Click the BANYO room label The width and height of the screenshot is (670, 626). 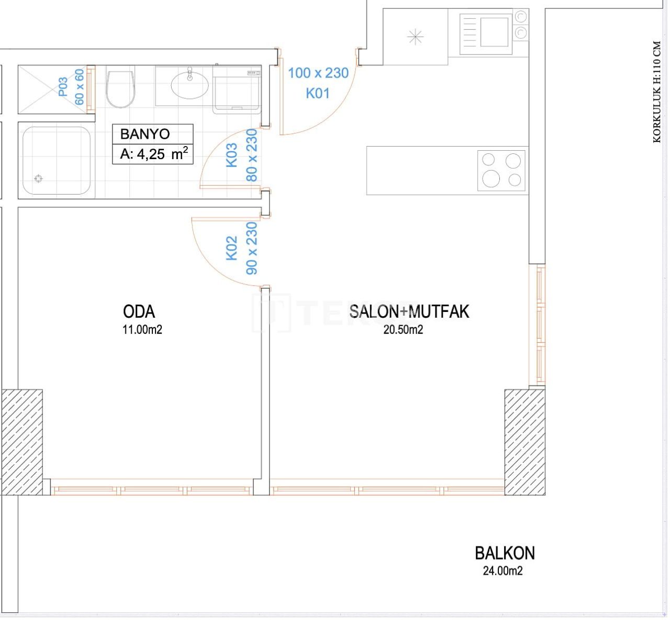tap(145, 134)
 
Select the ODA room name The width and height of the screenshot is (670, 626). tap(139, 311)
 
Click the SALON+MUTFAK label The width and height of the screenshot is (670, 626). tap(409, 311)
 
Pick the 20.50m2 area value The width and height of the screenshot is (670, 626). tap(403, 330)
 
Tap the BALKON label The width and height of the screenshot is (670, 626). tap(505, 553)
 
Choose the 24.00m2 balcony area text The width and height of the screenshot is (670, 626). tap(502, 571)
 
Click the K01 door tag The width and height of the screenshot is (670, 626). tap(318, 93)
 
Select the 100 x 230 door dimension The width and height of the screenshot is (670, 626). tap(318, 73)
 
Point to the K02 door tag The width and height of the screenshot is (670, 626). tap(232, 248)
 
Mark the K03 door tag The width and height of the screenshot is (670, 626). tap(232, 155)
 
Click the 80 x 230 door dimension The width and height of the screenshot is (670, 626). tap(252, 155)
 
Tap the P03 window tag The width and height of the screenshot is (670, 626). tap(63, 87)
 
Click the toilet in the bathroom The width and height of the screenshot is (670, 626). tap(120, 89)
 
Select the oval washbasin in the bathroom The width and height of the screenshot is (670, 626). tap(189, 85)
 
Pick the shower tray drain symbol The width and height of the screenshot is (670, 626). tap(38, 179)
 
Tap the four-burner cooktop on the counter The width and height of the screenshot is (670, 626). tap(501, 170)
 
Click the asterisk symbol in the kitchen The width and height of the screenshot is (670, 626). tap(415, 37)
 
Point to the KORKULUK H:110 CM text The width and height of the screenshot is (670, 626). tap(657, 92)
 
